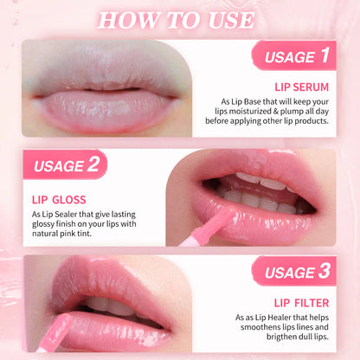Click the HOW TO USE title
click(x=176, y=21)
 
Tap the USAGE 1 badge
click(x=294, y=55)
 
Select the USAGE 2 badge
click(x=65, y=164)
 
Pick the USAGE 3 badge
click(x=294, y=271)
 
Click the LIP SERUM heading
click(x=301, y=87)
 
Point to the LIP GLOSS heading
click(x=59, y=200)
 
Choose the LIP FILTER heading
click(x=301, y=303)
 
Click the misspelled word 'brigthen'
click(x=282, y=337)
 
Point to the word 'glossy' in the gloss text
click(x=42, y=224)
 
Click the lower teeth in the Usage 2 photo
click(x=258, y=202)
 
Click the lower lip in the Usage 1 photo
click(x=106, y=110)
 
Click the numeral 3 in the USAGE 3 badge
click(x=325, y=271)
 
